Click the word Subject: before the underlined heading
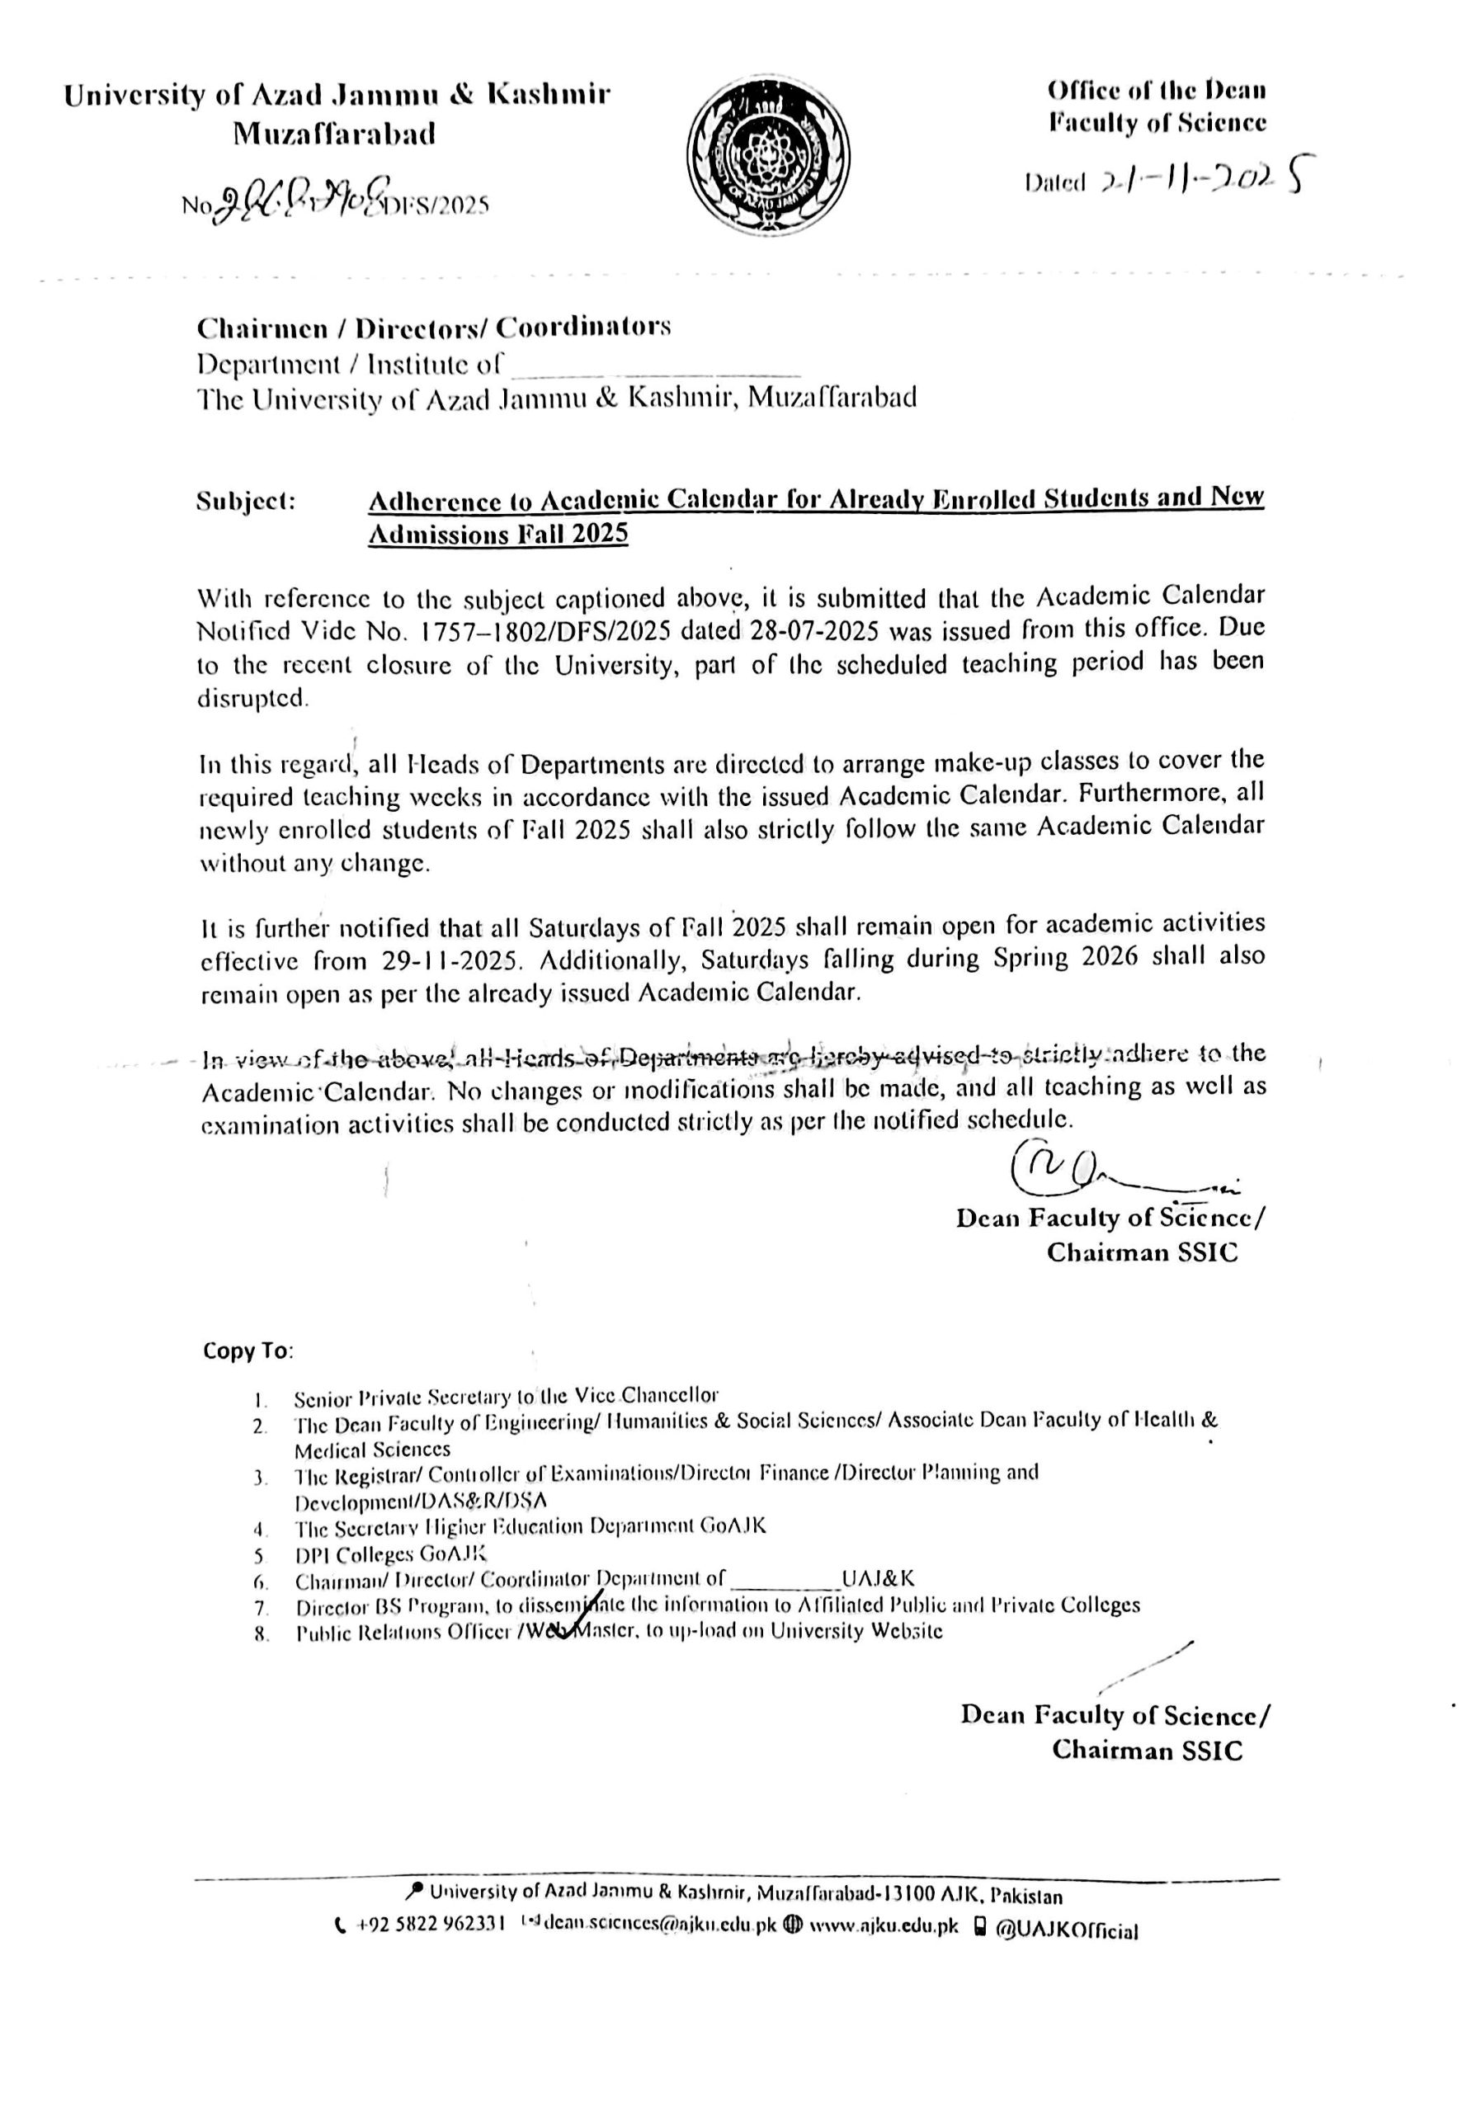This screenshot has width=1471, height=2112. click(246, 502)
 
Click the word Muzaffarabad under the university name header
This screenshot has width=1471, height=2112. click(334, 134)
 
